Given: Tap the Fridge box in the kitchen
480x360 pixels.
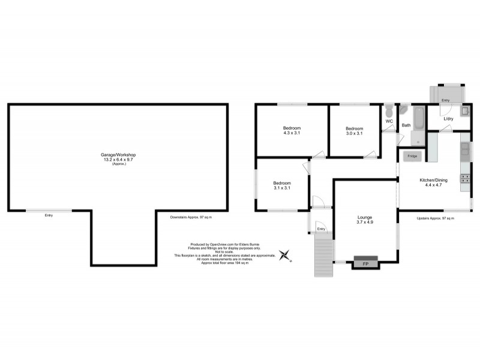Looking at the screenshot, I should pos(413,156).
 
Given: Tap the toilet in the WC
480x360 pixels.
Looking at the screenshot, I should pos(389,111).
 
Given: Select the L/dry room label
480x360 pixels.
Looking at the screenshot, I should pos(449,119).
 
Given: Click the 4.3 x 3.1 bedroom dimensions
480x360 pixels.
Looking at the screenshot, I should pos(292,133).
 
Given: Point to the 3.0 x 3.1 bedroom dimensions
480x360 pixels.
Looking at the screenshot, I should pos(353,133).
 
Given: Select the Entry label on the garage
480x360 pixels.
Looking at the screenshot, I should pos(49,215).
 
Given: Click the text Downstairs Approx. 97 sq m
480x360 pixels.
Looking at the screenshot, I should pos(191,217).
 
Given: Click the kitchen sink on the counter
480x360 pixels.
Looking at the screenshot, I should pos(464,150).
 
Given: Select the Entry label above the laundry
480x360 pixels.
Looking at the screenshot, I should pos(445,100).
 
